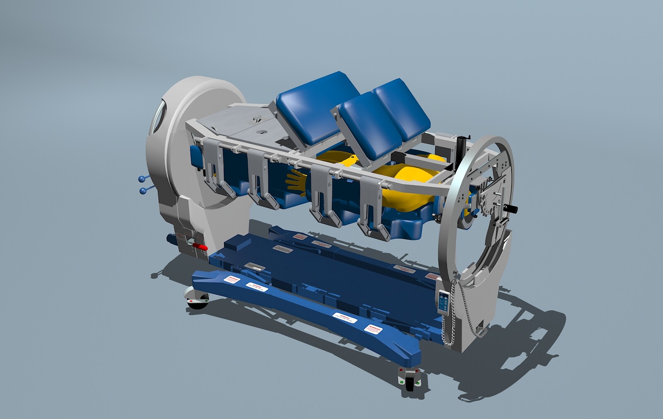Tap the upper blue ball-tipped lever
(142, 179)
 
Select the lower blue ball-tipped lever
(143, 191)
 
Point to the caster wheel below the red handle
(197, 299)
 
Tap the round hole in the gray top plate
(262, 132)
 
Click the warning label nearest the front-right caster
(373, 330)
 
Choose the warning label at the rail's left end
(232, 280)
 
